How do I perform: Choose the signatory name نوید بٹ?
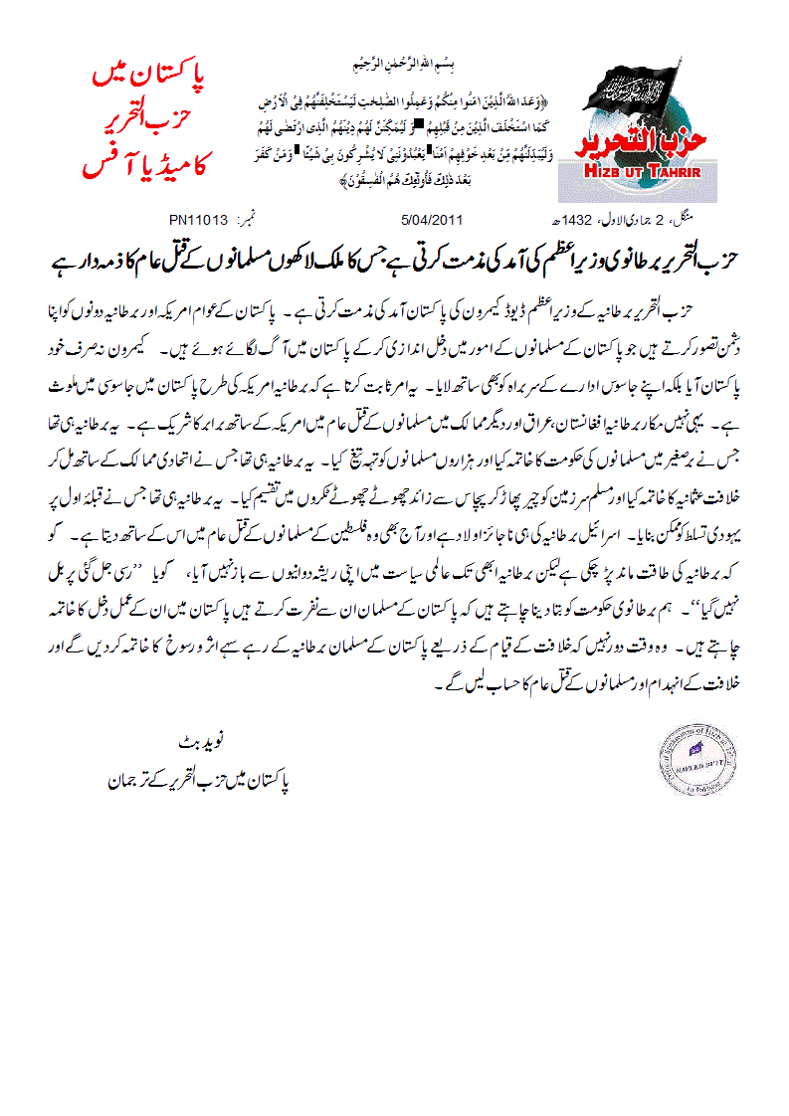[x=206, y=742]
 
